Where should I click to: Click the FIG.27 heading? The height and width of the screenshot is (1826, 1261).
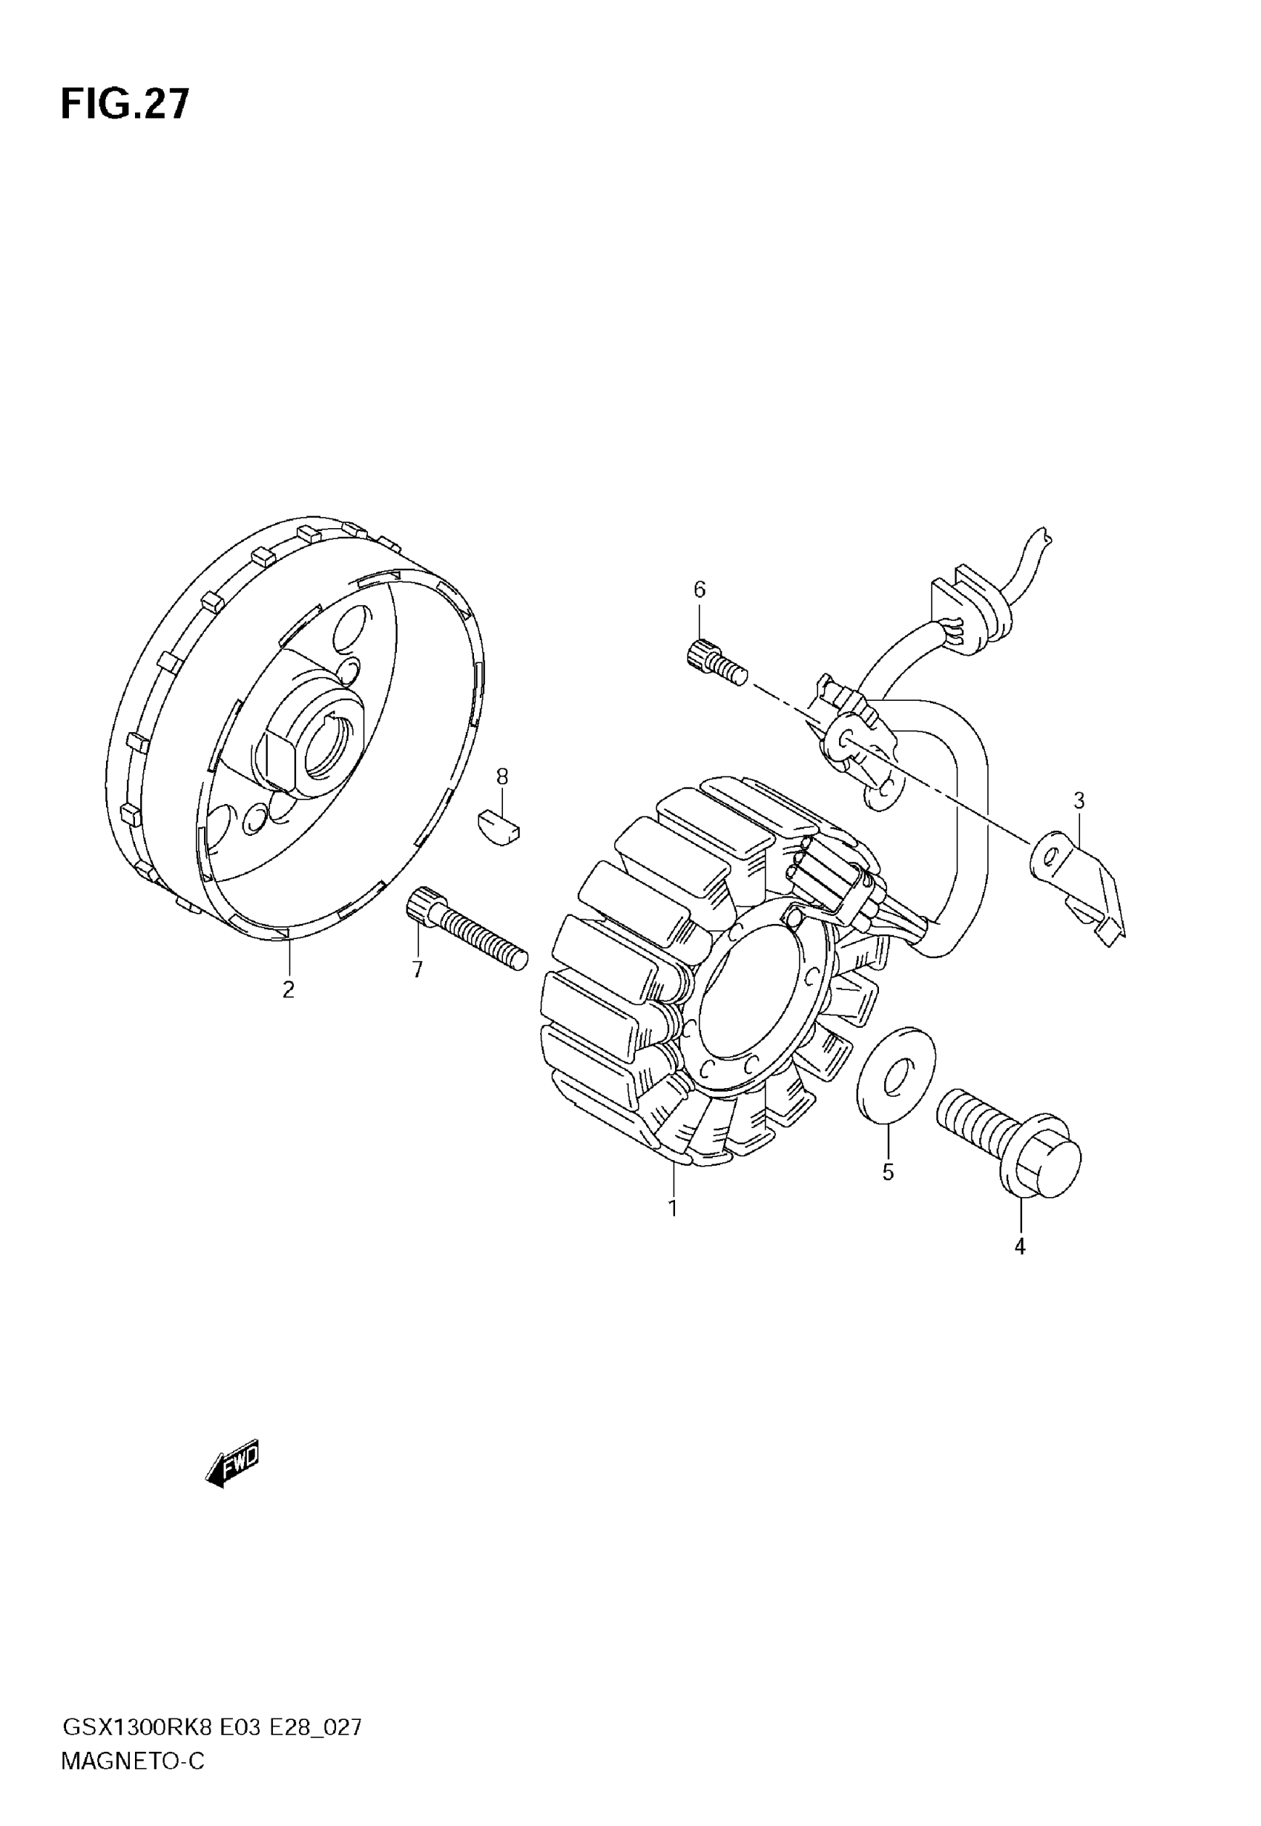point(125,105)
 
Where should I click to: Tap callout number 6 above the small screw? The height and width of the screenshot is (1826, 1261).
point(699,589)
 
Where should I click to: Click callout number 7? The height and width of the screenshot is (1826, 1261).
point(417,970)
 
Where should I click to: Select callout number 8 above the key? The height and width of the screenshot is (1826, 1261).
point(502,777)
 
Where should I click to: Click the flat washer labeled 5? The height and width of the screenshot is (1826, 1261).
point(896,1075)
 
